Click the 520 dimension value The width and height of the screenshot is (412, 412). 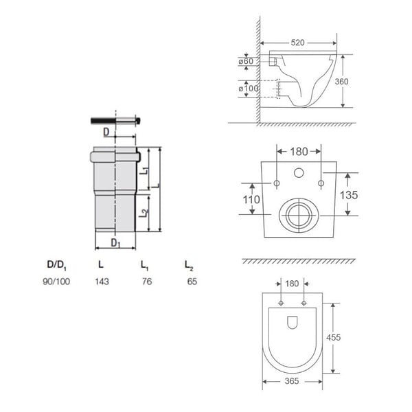[297, 43]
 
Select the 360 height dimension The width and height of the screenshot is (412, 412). [341, 82]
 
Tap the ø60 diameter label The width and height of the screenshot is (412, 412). [246, 61]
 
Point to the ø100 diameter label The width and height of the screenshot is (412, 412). [249, 89]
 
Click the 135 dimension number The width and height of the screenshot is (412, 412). [349, 195]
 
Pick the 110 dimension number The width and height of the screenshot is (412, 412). [251, 199]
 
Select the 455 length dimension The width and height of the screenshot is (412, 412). [334, 337]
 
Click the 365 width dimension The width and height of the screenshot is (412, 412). [292, 381]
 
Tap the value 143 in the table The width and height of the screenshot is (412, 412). [102, 282]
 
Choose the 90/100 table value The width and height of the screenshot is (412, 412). [56, 282]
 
